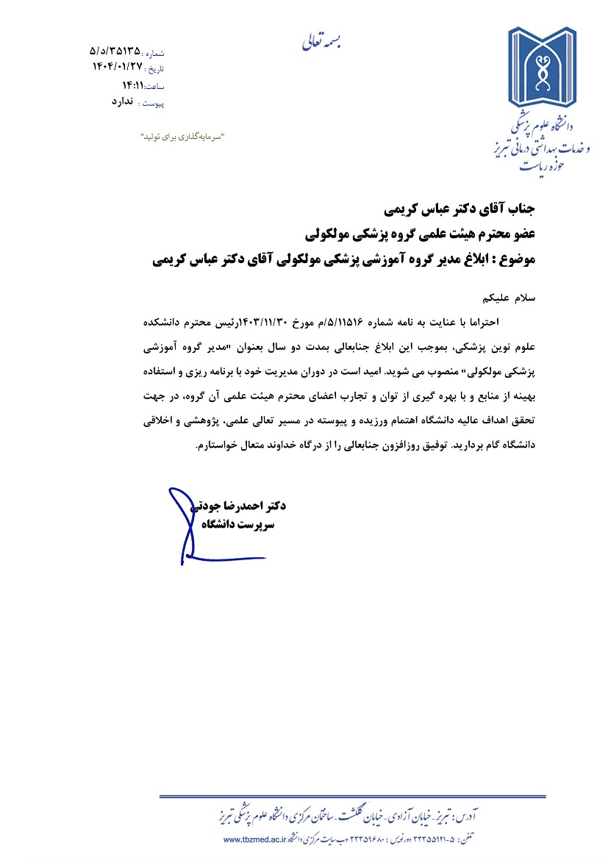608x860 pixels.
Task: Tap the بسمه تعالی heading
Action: pos(321,41)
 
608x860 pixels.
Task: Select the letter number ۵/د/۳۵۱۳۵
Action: pos(115,51)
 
